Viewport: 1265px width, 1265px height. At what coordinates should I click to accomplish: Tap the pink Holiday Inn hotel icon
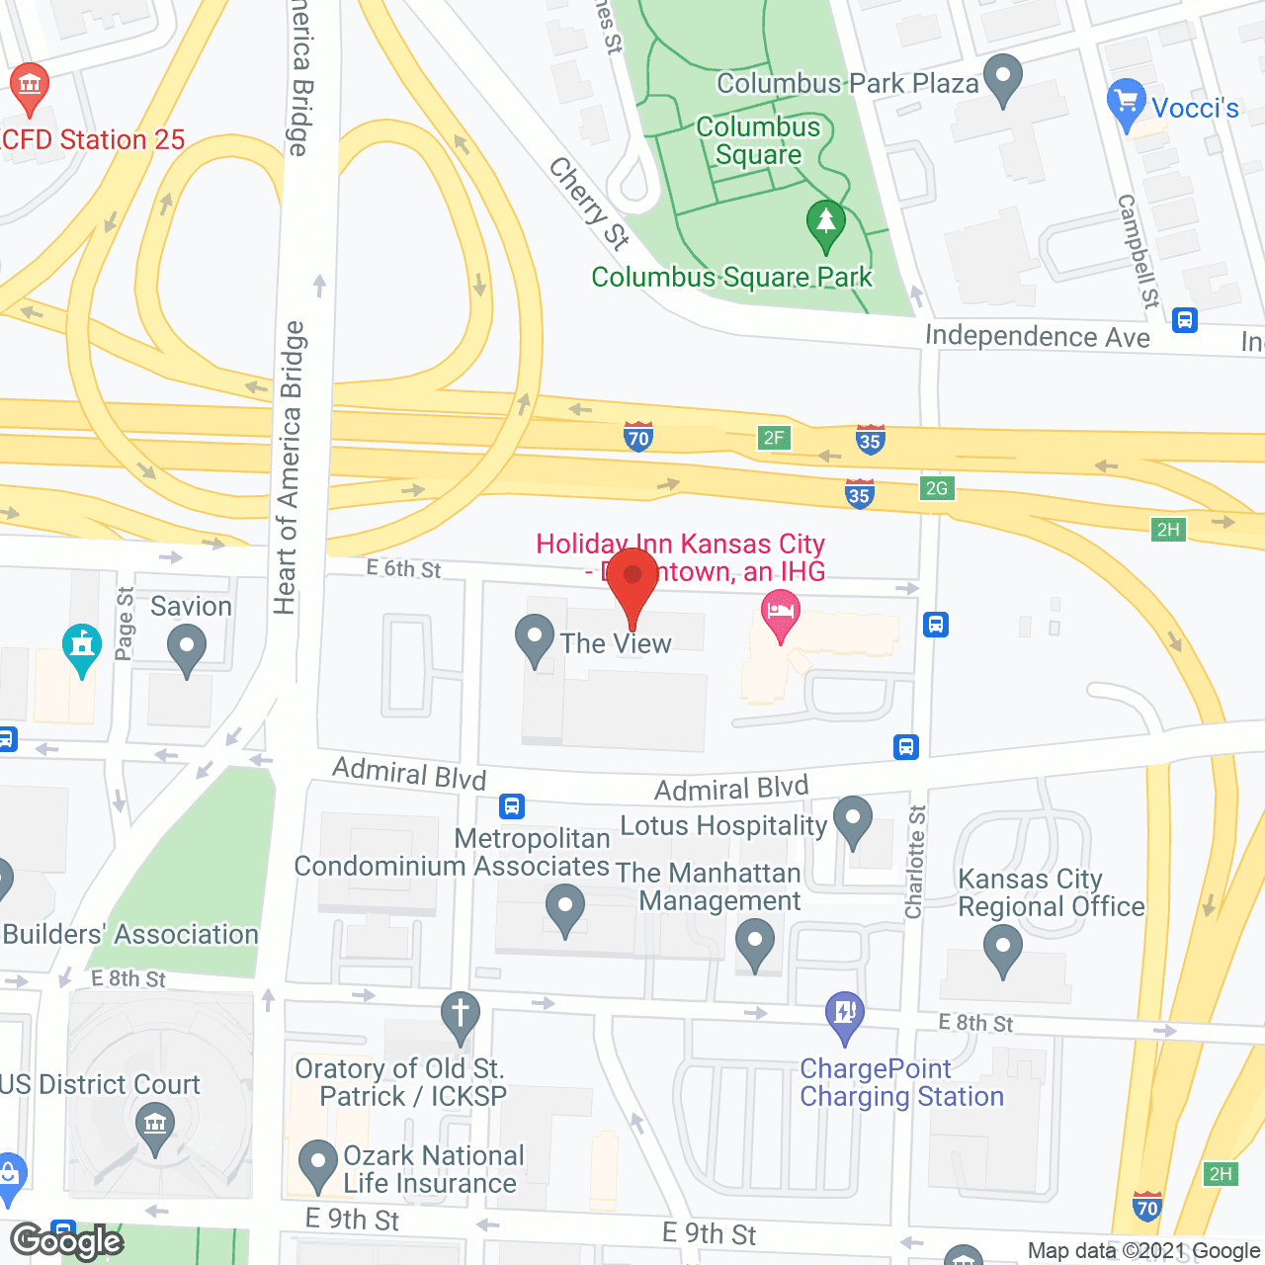click(x=781, y=613)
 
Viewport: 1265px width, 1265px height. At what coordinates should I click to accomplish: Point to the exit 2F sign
click(x=774, y=438)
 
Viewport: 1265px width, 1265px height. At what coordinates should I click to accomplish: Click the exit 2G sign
click(x=937, y=488)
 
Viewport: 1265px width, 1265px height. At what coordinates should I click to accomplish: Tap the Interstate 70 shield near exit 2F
click(x=638, y=437)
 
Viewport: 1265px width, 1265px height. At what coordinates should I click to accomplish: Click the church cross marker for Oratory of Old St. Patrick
click(x=460, y=1015)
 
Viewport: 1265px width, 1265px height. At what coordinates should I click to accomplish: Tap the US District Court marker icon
click(x=154, y=1126)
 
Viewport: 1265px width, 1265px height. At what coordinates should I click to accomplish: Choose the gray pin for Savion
click(x=187, y=649)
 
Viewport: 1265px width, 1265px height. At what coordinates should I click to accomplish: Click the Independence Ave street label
click(x=1037, y=337)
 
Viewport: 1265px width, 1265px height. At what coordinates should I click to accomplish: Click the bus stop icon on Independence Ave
click(x=1185, y=320)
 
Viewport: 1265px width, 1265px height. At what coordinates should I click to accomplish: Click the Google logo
click(x=67, y=1241)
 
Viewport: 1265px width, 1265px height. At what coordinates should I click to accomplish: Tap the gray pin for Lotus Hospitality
click(x=853, y=819)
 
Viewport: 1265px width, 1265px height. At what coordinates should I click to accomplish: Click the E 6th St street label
click(x=403, y=569)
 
